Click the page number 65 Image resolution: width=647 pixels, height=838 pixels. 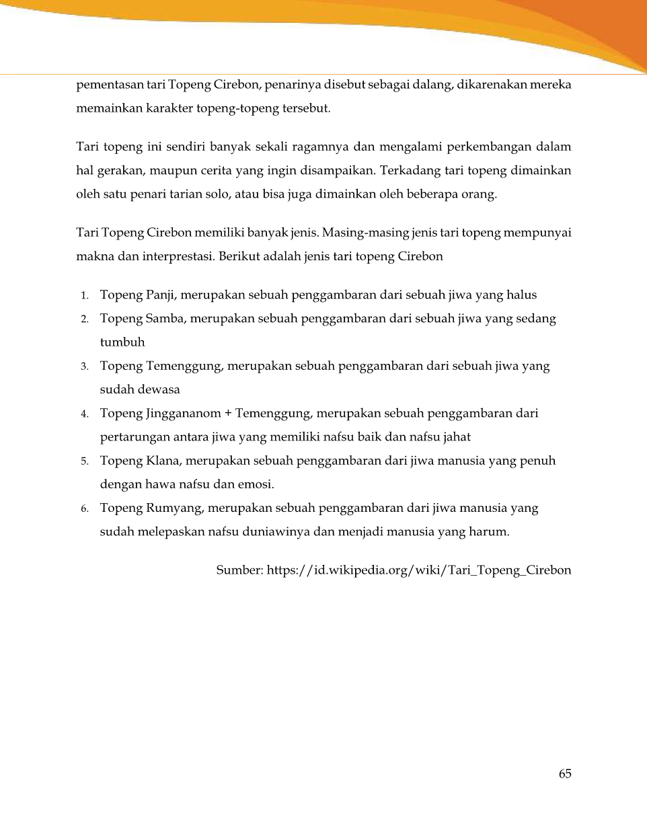click(565, 773)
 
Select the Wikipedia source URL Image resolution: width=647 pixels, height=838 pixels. click(419, 570)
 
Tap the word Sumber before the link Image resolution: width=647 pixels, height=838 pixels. click(239, 570)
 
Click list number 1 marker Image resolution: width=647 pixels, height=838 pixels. click(85, 295)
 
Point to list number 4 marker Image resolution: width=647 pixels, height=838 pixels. click(85, 414)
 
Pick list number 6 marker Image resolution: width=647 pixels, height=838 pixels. click(85, 509)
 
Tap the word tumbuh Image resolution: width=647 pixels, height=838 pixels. click(122, 342)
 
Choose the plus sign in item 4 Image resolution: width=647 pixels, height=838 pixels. click(228, 413)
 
